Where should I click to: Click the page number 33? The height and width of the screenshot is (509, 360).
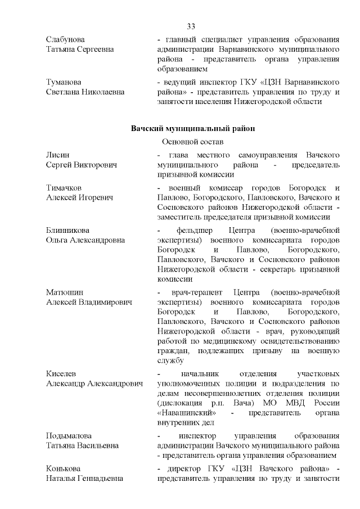pyautogui.click(x=191, y=26)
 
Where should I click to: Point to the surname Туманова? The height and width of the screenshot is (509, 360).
pyautogui.click(x=64, y=82)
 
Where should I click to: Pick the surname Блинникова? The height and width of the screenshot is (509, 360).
pyautogui.click(x=69, y=231)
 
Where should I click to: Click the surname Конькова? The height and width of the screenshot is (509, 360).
pyautogui.click(x=64, y=469)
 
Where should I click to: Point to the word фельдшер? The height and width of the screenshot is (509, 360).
pyautogui.click(x=195, y=231)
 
